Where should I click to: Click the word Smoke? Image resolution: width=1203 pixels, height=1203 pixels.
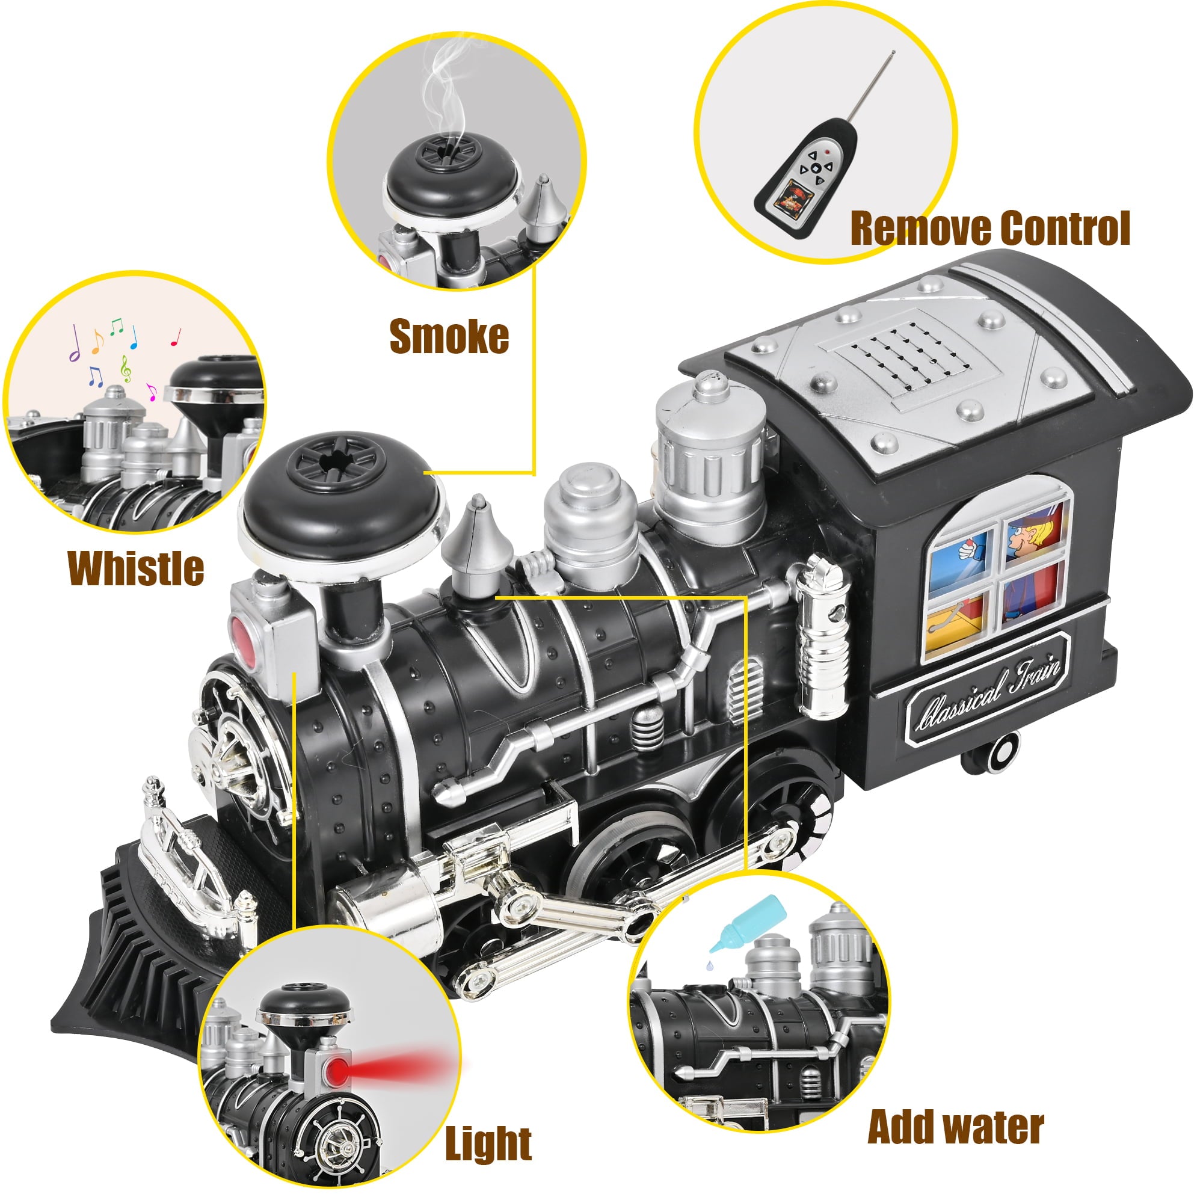449,337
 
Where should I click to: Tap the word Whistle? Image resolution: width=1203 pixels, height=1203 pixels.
136,568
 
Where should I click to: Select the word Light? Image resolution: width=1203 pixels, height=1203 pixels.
488,1144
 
